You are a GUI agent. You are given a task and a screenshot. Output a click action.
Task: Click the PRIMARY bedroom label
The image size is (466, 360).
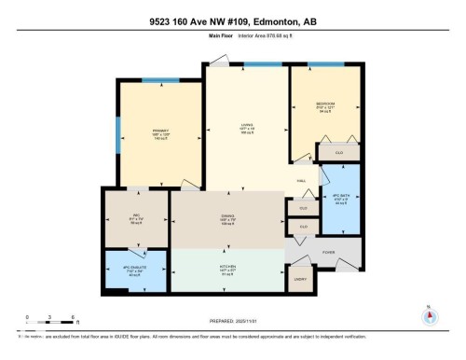pos(158,131)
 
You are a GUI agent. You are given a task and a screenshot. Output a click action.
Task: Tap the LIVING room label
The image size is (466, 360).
pos(247,128)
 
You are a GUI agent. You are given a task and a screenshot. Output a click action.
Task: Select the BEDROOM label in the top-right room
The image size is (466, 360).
pos(322,103)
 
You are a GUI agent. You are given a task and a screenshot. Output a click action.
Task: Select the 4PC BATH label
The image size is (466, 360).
pos(340,197)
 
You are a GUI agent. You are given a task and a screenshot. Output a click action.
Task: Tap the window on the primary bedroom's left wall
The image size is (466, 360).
pos(117,136)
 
